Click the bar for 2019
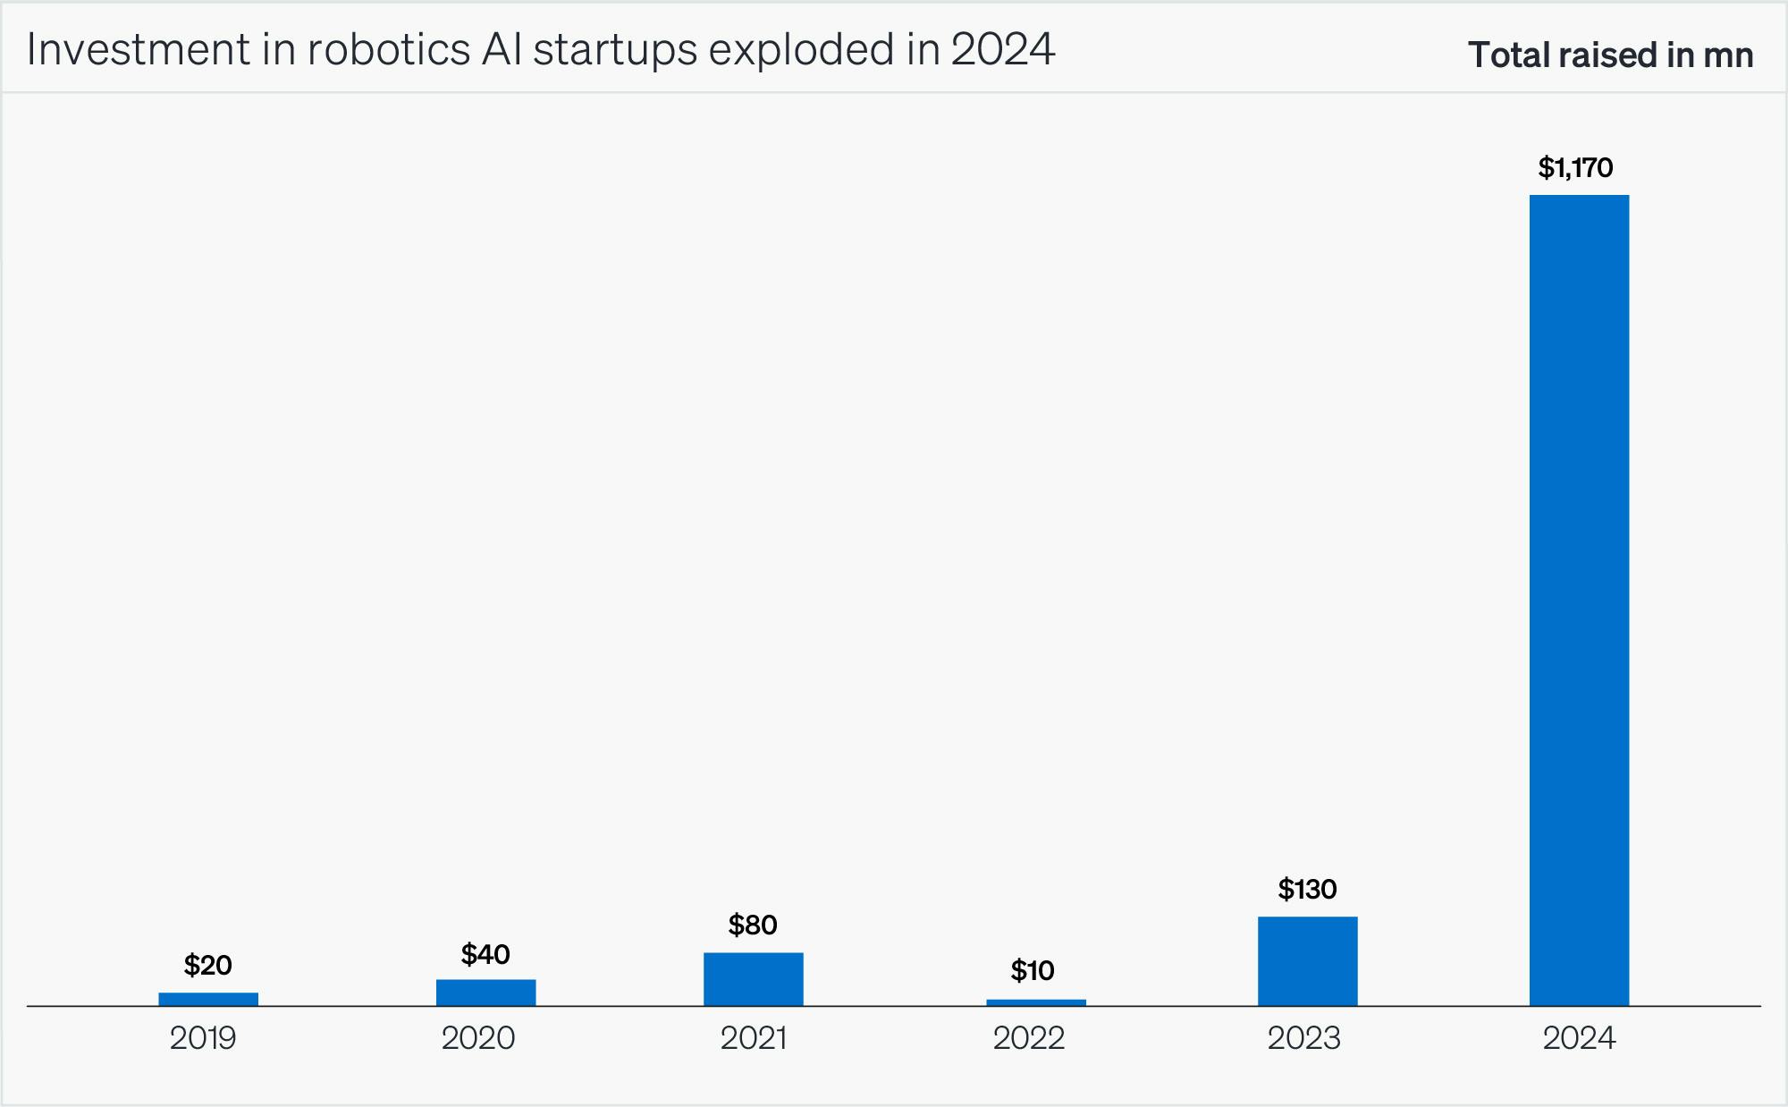208,999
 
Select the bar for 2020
485,993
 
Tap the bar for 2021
753,979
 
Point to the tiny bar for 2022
1035,1002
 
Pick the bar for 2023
1307,961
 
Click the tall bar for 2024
1579,599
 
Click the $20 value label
208,965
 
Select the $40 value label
485,954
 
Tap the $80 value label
753,925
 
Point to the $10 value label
1033,970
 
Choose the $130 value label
1307,889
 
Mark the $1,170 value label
1575,168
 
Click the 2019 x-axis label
203,1038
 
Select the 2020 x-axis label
478,1038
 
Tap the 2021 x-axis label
754,1038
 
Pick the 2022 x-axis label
1029,1038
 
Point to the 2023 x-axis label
1304,1038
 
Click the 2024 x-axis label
1580,1038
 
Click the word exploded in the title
801,50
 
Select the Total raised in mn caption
1610,55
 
